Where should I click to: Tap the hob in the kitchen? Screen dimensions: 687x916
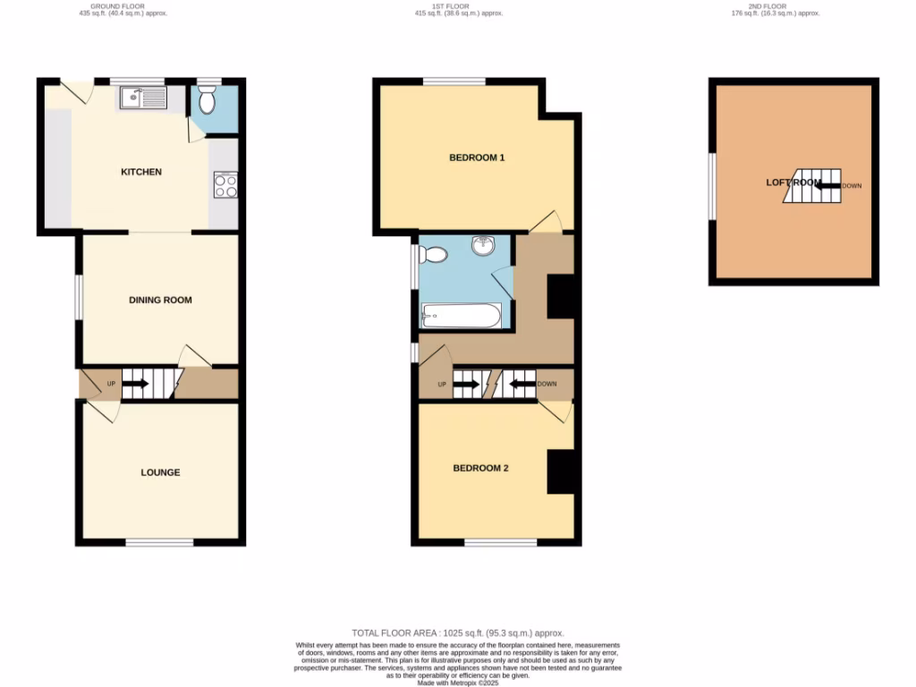pos(225,185)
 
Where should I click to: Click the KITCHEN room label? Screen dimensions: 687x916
pos(141,172)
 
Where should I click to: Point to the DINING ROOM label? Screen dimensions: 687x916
pos(160,300)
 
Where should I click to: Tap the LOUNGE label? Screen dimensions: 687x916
pos(160,472)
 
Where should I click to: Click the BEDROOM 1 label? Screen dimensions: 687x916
pos(477,158)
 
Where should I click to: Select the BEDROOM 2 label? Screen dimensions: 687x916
pos(480,468)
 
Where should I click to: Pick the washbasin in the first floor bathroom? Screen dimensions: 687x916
pos(483,243)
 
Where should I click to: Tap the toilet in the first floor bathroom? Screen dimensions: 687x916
pos(433,255)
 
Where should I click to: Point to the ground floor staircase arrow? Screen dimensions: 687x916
pos(135,385)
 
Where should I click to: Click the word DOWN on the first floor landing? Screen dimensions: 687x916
pos(547,385)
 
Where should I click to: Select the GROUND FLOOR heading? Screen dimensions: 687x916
pos(123,6)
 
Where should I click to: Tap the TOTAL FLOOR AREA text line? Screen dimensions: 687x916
pos(457,633)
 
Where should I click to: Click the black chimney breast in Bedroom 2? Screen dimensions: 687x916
pos(561,471)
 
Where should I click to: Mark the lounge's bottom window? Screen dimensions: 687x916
pos(159,542)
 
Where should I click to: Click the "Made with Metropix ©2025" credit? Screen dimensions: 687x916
pos(457,683)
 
